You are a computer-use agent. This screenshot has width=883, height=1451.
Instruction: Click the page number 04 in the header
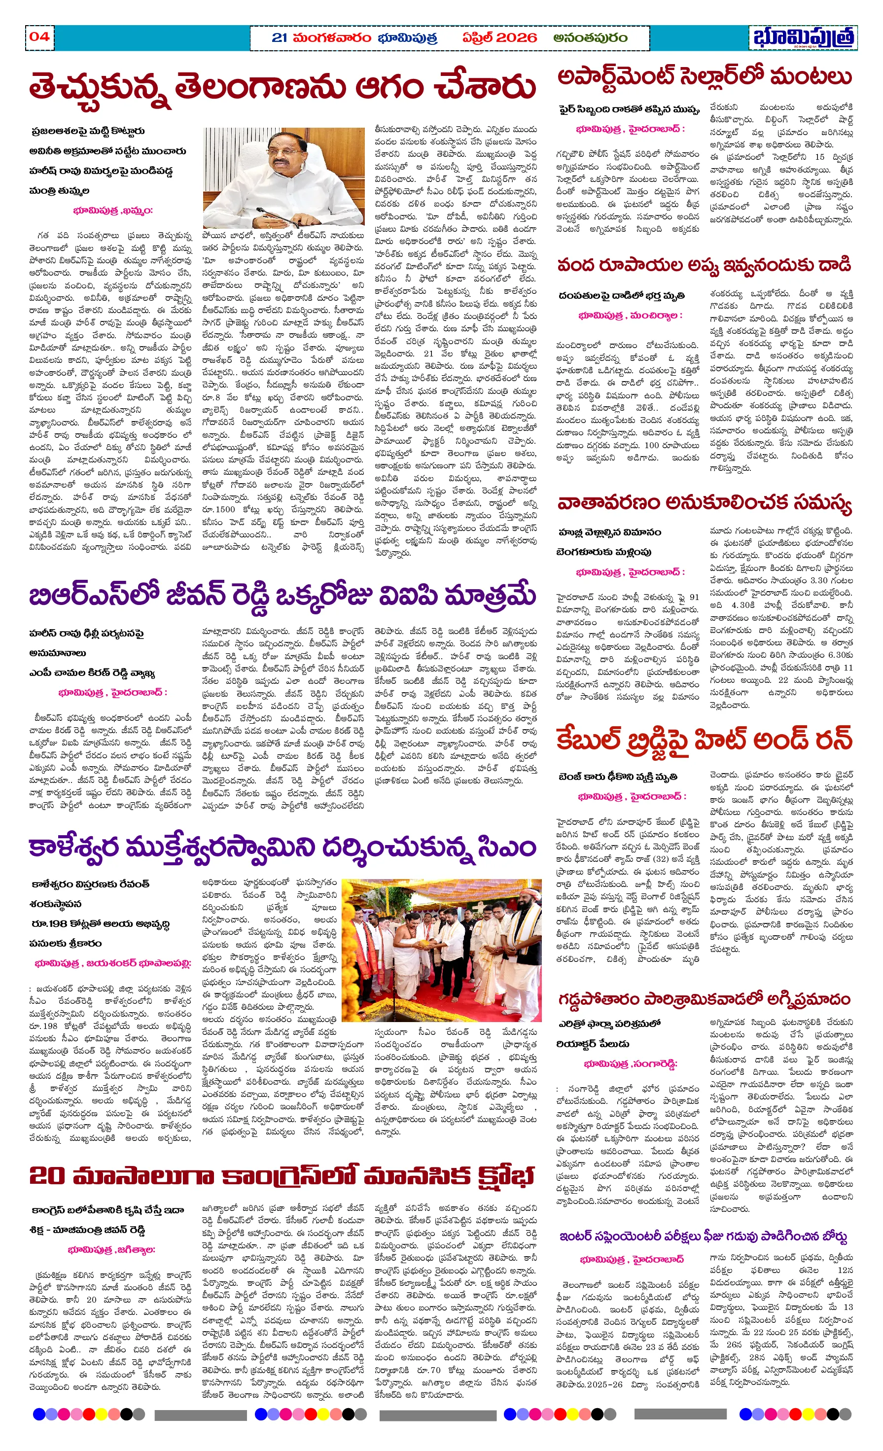[x=39, y=36]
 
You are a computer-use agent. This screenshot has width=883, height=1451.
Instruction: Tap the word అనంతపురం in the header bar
[x=590, y=37]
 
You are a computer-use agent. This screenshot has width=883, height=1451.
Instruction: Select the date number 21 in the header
[x=279, y=37]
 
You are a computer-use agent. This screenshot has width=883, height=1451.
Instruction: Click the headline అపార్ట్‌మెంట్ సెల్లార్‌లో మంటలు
[x=705, y=77]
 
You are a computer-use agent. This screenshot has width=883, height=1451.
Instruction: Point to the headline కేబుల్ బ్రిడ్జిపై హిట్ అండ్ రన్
[x=705, y=739]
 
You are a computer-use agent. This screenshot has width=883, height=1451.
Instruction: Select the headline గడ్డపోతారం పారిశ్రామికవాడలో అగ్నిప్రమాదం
[x=705, y=999]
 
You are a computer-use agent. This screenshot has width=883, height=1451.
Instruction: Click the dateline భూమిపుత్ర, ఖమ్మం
[x=112, y=210]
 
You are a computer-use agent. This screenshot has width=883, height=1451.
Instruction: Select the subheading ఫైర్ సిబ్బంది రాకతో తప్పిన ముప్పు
[x=629, y=110]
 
